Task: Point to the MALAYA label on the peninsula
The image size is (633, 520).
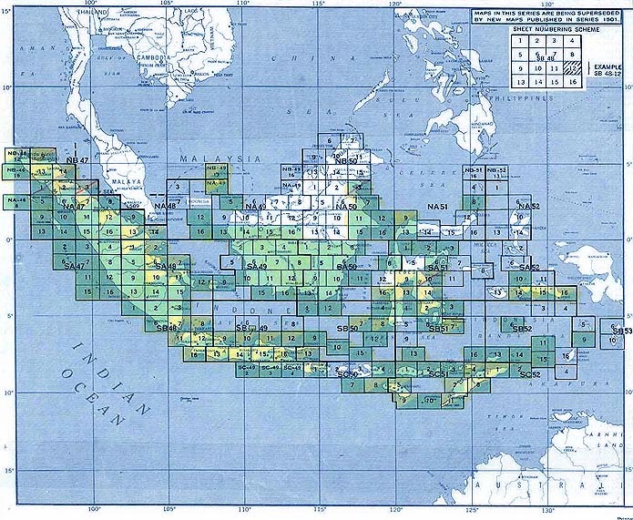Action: [x=128, y=181]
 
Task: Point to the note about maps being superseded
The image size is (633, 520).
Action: [x=547, y=15]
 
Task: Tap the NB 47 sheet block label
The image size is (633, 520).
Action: [x=77, y=160]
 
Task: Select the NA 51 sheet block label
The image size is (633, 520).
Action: [x=438, y=208]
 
